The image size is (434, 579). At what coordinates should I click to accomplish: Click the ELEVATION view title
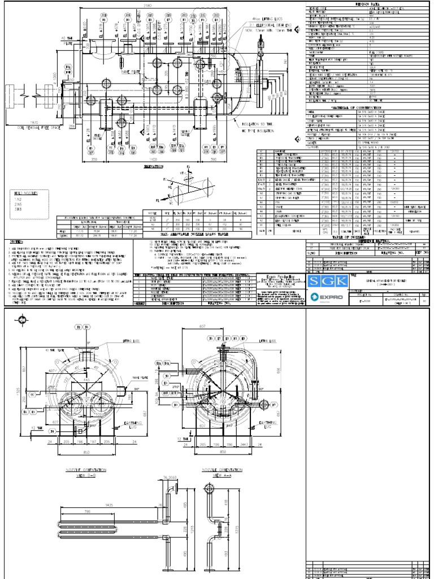point(146,167)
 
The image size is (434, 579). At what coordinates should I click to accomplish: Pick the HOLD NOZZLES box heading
point(21,193)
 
